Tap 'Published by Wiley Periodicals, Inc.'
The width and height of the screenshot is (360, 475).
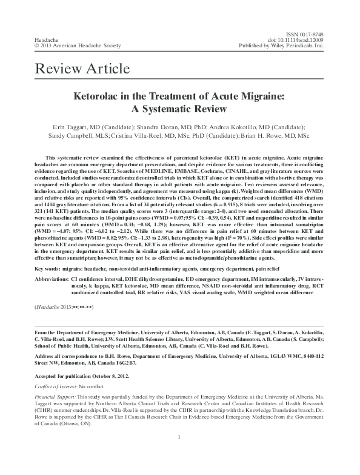click(x=282, y=45)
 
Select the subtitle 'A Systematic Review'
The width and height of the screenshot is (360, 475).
click(x=179, y=110)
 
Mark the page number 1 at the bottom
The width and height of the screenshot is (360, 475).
click(x=180, y=454)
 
